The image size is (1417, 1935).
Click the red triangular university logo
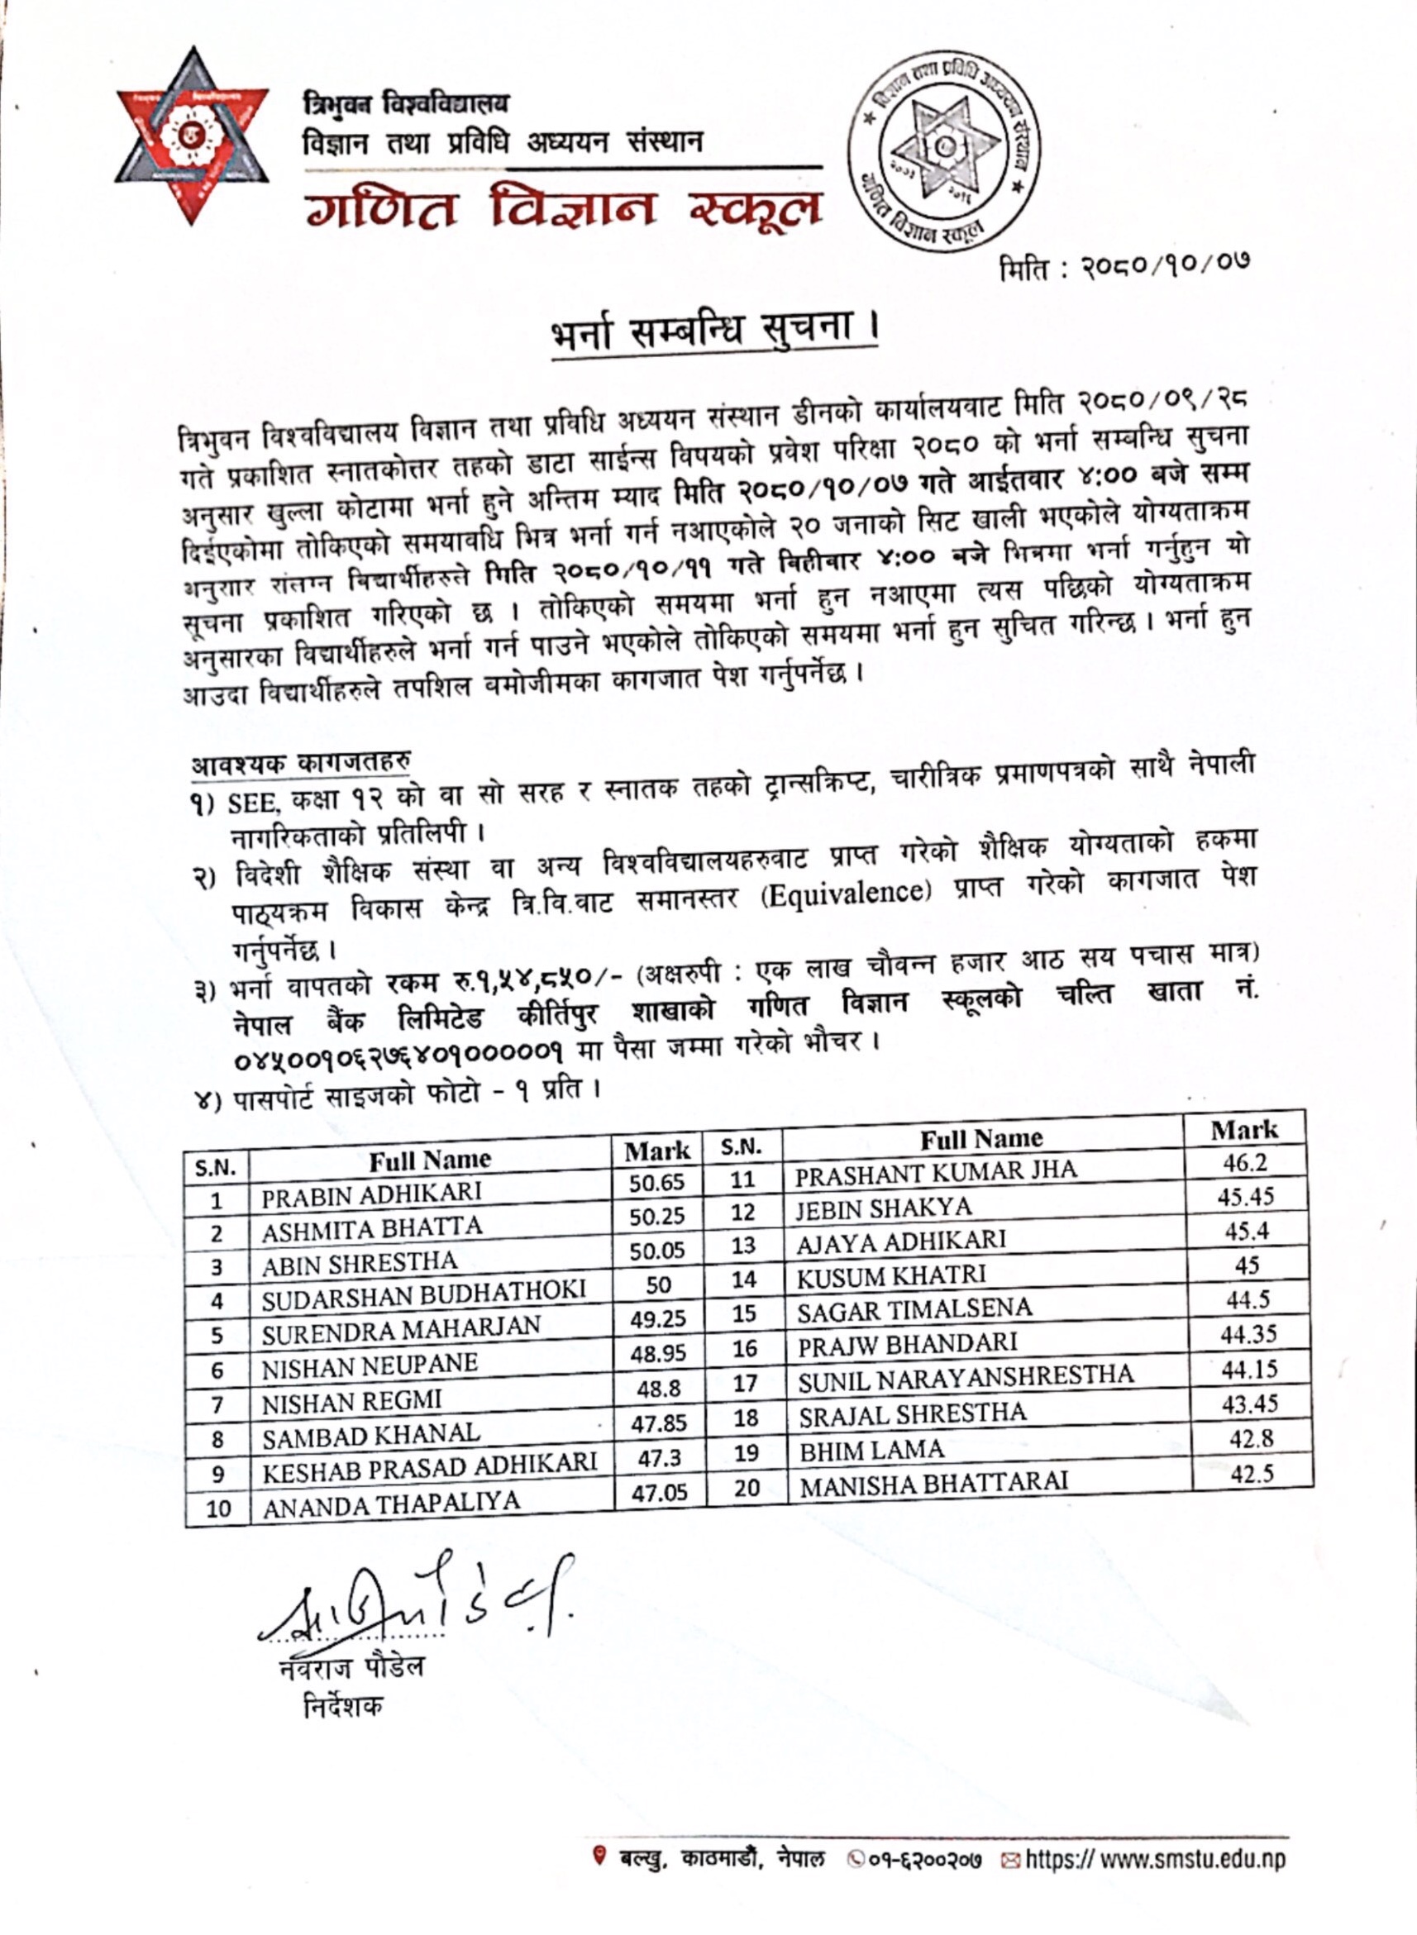[192, 137]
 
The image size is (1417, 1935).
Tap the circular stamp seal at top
[943, 150]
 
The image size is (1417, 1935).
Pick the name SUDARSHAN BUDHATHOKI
[424, 1295]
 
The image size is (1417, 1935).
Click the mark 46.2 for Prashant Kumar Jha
[1244, 1164]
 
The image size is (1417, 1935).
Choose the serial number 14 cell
[744, 1280]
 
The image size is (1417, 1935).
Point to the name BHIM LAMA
[871, 1450]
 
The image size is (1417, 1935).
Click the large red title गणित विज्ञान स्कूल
[562, 210]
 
